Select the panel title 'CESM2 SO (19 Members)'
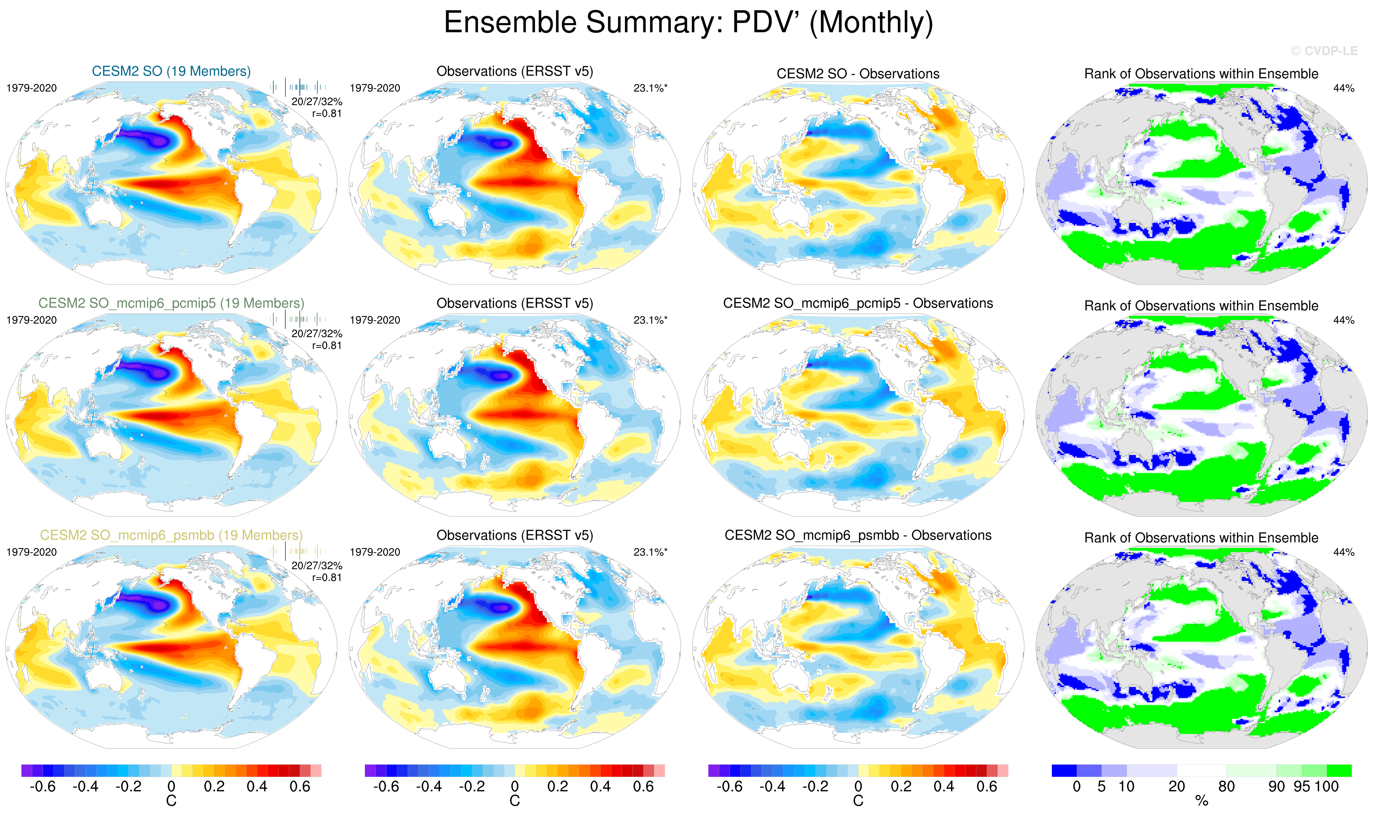pyautogui.click(x=171, y=71)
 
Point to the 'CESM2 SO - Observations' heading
pyautogui.click(x=858, y=74)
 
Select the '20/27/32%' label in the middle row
pyautogui.click(x=317, y=334)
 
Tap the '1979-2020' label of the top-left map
pyautogui.click(x=31, y=88)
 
